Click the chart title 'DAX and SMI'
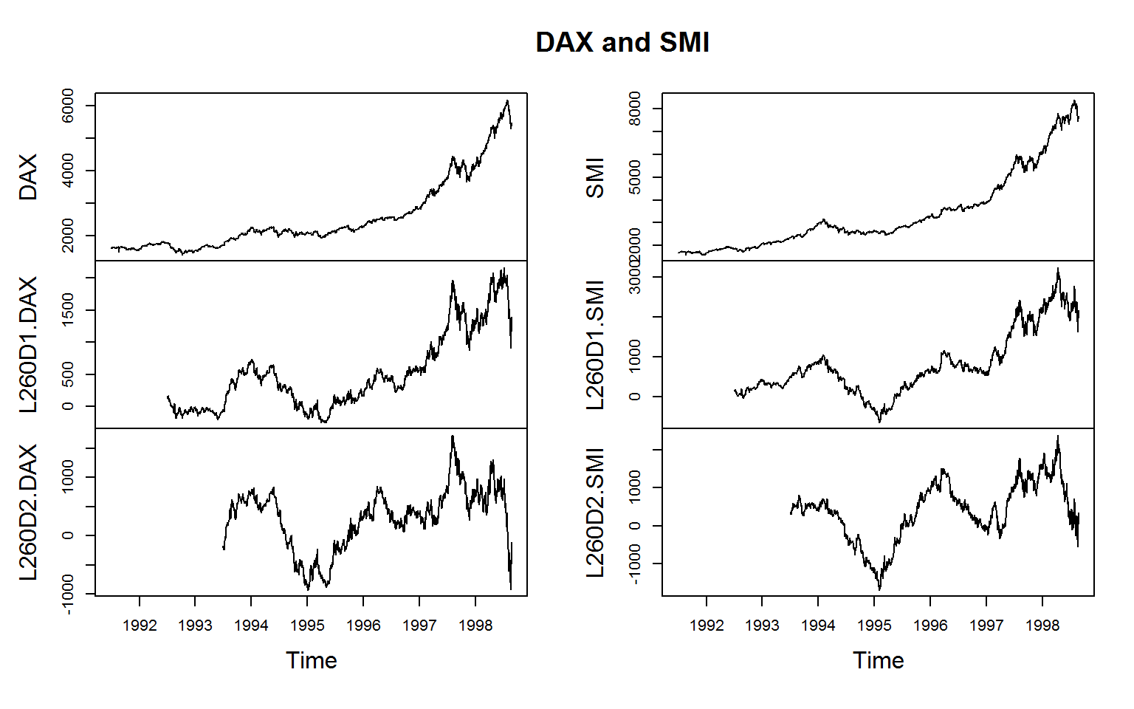[x=622, y=43]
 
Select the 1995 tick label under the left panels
[x=307, y=626]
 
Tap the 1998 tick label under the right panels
[x=1042, y=626]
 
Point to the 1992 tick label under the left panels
[x=140, y=626]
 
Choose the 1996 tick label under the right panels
[x=930, y=626]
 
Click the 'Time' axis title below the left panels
[x=312, y=660]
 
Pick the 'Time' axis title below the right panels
[x=879, y=660]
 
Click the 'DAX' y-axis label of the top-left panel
[x=28, y=177]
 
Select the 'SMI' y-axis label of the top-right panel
[x=595, y=177]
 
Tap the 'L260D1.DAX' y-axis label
[x=28, y=344]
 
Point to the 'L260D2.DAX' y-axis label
[x=28, y=512]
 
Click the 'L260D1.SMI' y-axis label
[x=595, y=344]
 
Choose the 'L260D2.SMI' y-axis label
[x=595, y=512]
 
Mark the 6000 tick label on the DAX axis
[x=68, y=106]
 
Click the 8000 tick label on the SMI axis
[x=635, y=109]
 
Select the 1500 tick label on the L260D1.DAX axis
[x=68, y=310]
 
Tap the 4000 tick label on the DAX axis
[x=68, y=171]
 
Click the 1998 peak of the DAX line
[x=507, y=100]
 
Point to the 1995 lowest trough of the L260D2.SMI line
[x=879, y=589]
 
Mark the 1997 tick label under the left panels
[x=419, y=626]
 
